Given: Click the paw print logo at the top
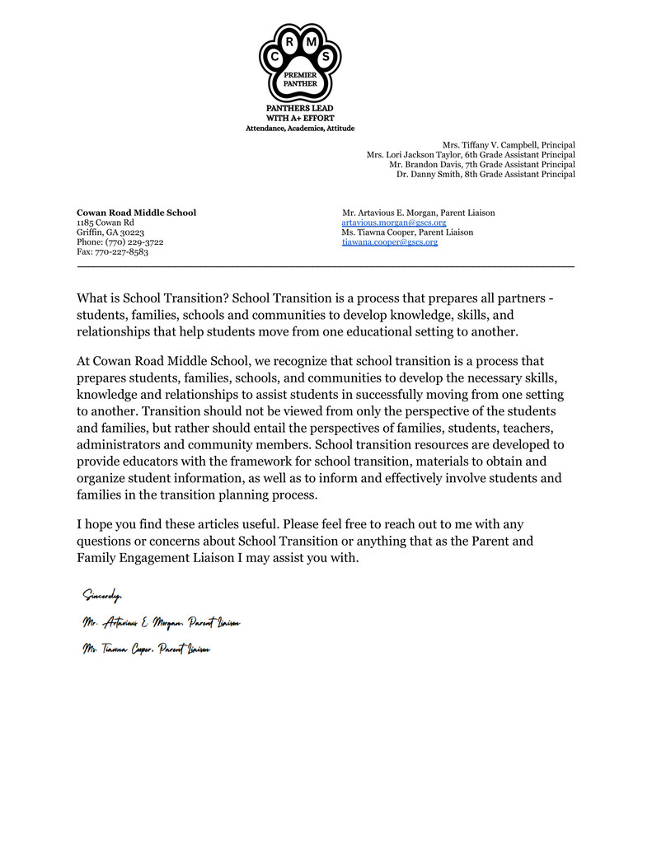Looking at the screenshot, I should tap(299, 63).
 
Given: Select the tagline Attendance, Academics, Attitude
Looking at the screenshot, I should tap(299, 128).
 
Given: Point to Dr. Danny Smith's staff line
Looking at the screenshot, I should tap(485, 175).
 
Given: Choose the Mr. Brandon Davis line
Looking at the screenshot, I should tap(482, 165).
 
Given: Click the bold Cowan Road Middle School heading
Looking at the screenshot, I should tap(136, 213).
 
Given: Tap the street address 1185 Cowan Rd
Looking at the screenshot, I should tap(106, 223).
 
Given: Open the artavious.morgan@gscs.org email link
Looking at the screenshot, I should tap(393, 223).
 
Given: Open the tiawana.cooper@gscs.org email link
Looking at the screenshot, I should tap(389, 242).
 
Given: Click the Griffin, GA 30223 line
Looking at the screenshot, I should tap(110, 232).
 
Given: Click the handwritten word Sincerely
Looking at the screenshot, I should tap(102, 595).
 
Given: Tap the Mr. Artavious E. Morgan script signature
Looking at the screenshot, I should tap(161, 622).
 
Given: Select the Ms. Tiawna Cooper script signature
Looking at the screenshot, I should tap(146, 649).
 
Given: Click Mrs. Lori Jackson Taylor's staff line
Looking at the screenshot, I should tap(471, 155).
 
